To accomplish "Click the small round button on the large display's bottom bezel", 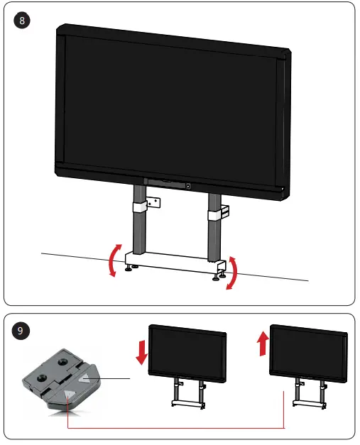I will (188, 187).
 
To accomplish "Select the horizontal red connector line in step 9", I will (178, 428).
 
